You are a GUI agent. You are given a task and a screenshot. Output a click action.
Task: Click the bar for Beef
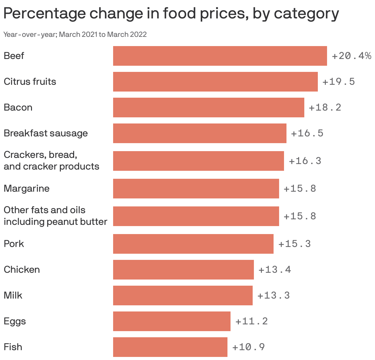tap(220, 56)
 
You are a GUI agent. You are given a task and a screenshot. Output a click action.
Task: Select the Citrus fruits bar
tap(215, 82)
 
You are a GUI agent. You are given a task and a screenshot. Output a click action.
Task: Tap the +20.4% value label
tap(351, 56)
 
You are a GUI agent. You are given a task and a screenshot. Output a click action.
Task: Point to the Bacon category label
tap(18, 108)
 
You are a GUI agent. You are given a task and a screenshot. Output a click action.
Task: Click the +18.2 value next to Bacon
tap(325, 108)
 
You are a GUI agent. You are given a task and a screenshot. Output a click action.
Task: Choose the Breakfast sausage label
tap(46, 133)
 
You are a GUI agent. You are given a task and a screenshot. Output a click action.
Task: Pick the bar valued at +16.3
tap(198, 161)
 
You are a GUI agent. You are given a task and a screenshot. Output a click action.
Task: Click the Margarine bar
tap(196, 189)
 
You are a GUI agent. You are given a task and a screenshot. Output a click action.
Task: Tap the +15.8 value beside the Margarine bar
tap(300, 189)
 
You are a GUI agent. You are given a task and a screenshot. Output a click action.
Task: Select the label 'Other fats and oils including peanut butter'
tap(55, 216)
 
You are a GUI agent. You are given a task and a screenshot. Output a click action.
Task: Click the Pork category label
tap(14, 244)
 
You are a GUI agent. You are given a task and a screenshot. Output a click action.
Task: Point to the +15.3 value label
tap(294, 244)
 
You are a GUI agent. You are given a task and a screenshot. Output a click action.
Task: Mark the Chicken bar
tap(183, 270)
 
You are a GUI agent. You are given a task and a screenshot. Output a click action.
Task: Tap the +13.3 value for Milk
tap(274, 295)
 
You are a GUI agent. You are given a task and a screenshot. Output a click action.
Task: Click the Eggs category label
tap(15, 321)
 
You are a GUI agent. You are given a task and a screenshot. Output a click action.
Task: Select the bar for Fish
tap(170, 347)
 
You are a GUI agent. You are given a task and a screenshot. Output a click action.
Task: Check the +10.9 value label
tap(248, 347)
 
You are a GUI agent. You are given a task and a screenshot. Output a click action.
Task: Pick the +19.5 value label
tap(338, 82)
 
